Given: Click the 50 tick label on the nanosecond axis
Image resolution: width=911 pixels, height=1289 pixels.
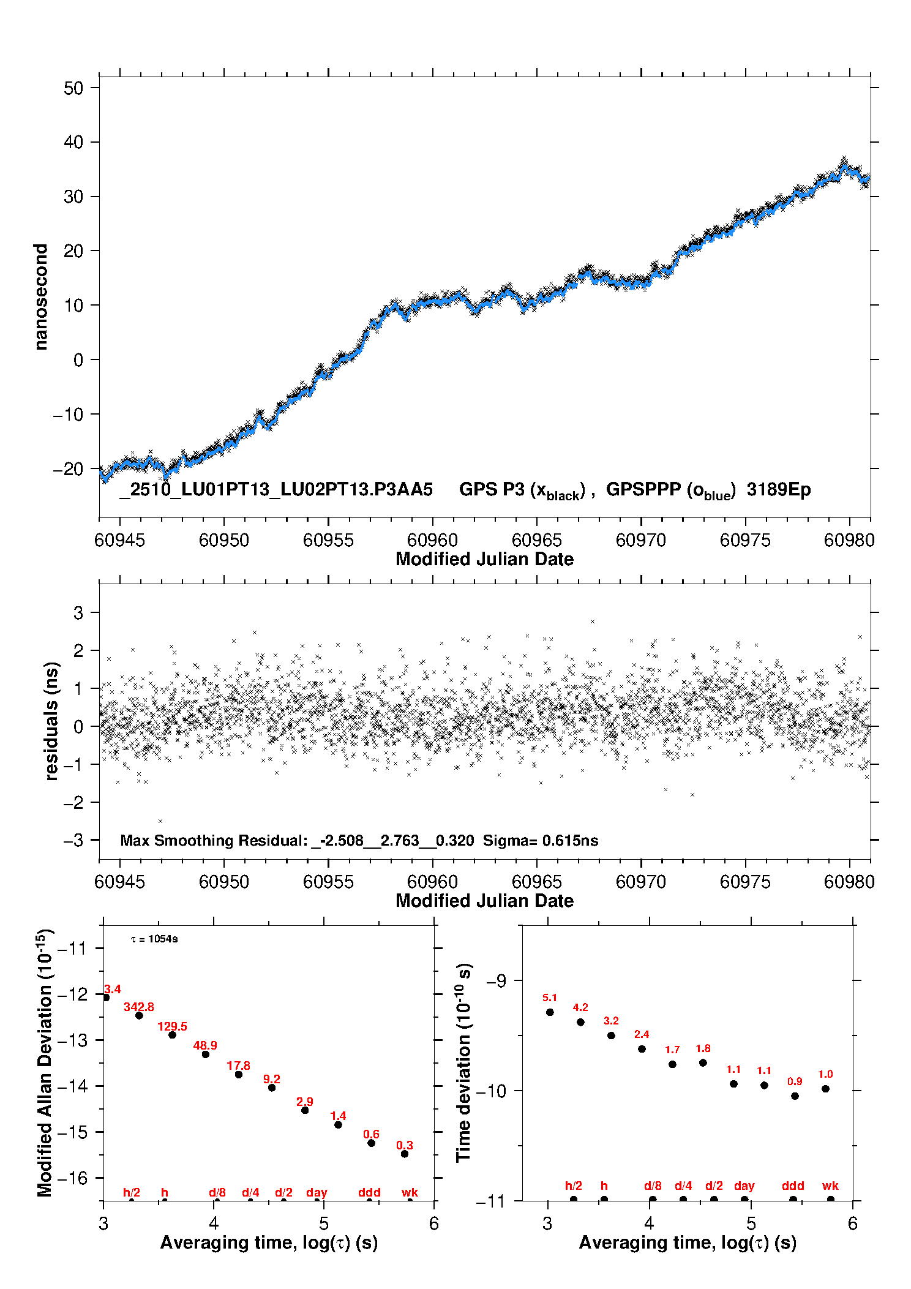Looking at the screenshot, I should (x=73, y=88).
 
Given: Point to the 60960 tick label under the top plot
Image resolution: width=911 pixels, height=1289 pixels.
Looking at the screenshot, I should (x=432, y=540).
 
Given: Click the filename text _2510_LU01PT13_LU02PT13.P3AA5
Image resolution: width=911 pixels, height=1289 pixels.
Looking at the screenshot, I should (x=276, y=490).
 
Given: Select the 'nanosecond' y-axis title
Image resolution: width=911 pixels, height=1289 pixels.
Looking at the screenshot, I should (x=40, y=297).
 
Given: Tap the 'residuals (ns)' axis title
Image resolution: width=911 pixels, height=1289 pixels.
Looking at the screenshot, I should (x=51, y=721).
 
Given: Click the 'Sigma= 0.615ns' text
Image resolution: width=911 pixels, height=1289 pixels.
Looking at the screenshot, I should (x=540, y=841).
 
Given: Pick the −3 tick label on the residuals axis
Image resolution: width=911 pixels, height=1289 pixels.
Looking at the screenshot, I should (x=73, y=840).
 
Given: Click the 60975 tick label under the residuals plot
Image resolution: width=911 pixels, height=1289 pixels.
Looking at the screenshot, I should (x=745, y=882).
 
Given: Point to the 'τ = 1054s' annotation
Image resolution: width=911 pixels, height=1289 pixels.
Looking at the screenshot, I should (x=154, y=939).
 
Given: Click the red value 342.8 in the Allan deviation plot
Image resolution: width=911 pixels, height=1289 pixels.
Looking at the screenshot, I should (x=139, y=1007).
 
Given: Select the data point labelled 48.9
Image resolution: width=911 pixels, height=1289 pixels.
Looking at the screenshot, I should (x=206, y=1054).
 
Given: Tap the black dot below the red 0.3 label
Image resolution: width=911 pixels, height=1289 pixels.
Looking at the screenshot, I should (x=405, y=1154).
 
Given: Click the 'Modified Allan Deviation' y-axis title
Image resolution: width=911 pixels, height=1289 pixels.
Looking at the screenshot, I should (x=44, y=1063).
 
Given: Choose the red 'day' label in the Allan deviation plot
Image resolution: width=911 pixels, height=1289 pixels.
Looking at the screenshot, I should (x=317, y=1193).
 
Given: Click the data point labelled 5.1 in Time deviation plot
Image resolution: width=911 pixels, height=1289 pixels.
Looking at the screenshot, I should (x=550, y=1012).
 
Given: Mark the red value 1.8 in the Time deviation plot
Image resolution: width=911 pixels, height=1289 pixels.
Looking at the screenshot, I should (x=703, y=1049).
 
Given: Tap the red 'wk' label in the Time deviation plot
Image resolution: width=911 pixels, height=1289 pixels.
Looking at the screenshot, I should (x=830, y=1186).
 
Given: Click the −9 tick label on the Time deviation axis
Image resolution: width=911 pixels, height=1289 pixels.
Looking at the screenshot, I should (x=496, y=981).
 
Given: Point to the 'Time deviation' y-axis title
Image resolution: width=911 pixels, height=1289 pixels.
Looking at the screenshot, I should (x=463, y=1063).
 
